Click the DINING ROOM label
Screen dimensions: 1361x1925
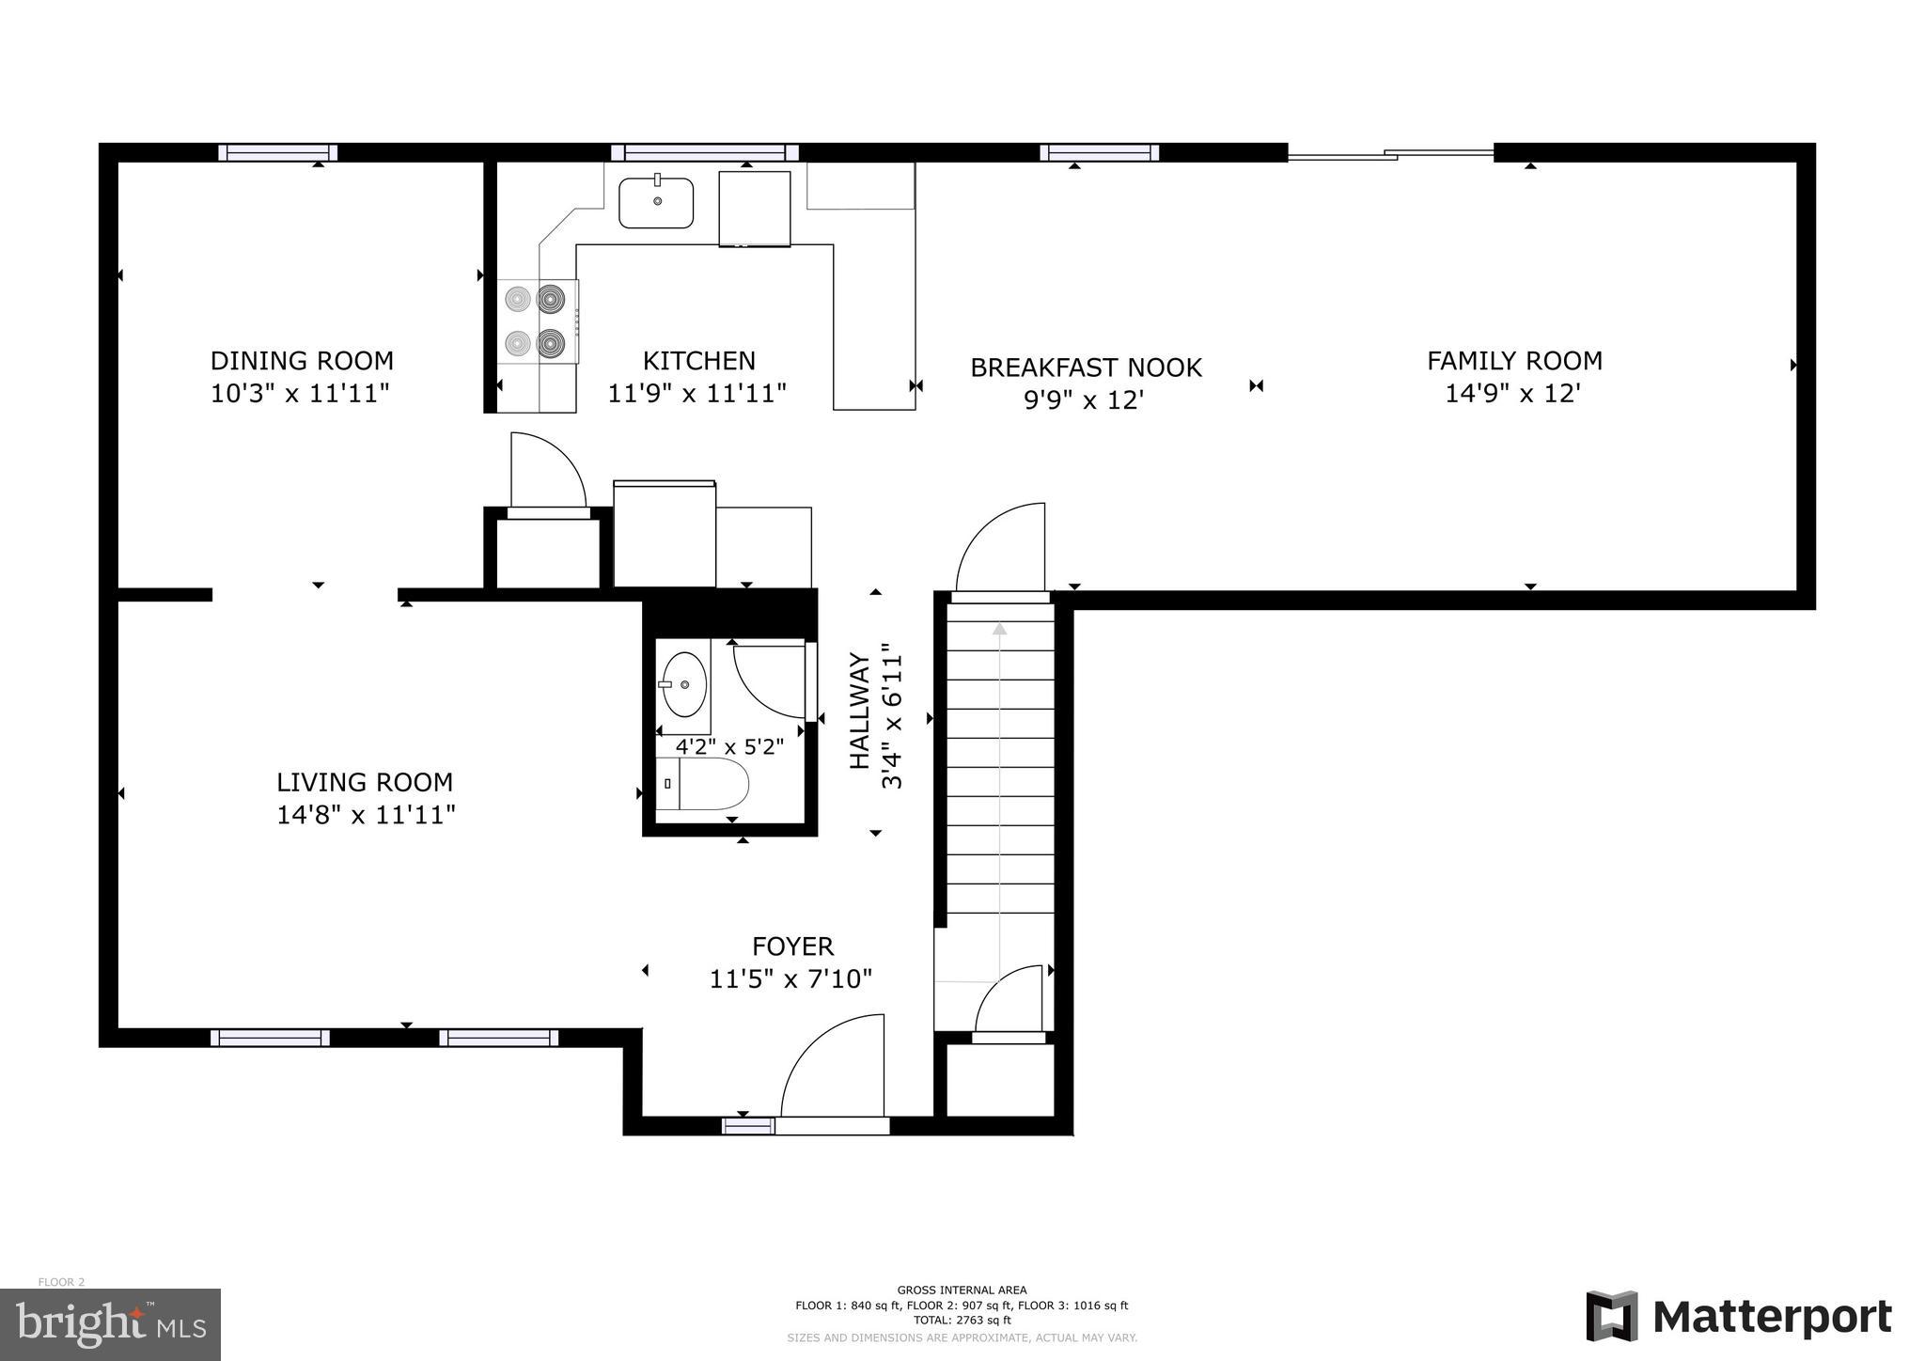pyautogui.click(x=301, y=361)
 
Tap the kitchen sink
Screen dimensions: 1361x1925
pyautogui.click(x=656, y=203)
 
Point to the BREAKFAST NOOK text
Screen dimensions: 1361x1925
pyautogui.click(x=1086, y=368)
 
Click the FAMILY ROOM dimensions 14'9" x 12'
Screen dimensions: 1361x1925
pyautogui.click(x=1513, y=393)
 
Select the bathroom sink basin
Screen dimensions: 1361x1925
pyautogui.click(x=684, y=683)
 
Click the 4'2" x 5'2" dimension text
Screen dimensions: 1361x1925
pyautogui.click(x=729, y=748)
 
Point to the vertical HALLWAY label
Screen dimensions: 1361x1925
pyautogui.click(x=860, y=711)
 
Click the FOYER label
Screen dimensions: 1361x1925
pyautogui.click(x=792, y=946)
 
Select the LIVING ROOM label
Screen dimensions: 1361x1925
pyautogui.click(x=365, y=782)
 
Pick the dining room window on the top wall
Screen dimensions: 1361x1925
pyautogui.click(x=278, y=153)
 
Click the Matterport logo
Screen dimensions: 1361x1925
pyautogui.click(x=1739, y=1317)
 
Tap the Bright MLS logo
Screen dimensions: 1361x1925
pyautogui.click(x=110, y=1324)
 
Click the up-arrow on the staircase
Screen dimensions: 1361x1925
pyautogui.click(x=999, y=629)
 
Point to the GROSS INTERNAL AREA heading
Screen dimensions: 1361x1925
pyautogui.click(x=962, y=1290)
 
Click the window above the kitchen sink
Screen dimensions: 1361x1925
pyautogui.click(x=704, y=153)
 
